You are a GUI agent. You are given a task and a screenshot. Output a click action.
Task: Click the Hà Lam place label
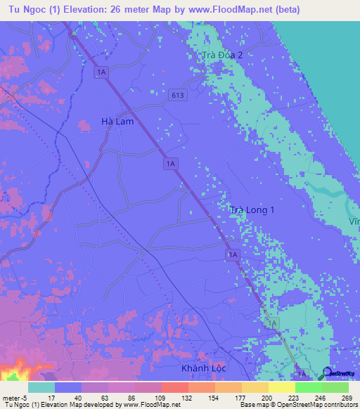pos(117,122)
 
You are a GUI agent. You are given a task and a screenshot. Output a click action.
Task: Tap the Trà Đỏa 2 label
pos(222,55)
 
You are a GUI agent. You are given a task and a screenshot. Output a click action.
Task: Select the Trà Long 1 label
pos(252,210)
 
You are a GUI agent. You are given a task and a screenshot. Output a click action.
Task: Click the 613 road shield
pos(176,95)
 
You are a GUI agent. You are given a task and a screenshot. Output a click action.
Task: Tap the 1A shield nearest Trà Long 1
pos(233,254)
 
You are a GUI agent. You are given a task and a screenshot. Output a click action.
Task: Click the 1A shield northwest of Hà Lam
pos(102,72)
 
